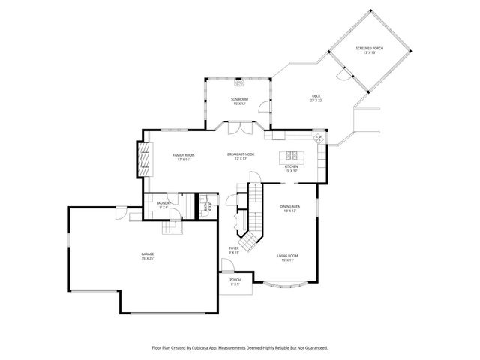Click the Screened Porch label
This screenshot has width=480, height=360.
click(368, 50)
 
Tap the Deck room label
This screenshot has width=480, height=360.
click(316, 97)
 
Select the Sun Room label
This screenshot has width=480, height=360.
click(239, 100)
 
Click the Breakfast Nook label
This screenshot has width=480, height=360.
click(241, 156)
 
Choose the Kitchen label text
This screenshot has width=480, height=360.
click(291, 169)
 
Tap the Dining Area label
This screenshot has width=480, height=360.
click(290, 208)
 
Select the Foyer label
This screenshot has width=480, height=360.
click(234, 250)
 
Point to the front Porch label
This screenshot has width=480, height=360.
click(235, 283)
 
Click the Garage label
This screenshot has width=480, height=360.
click(147, 256)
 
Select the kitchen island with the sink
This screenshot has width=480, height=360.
click(289, 157)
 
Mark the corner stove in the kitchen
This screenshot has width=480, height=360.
click(318, 139)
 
